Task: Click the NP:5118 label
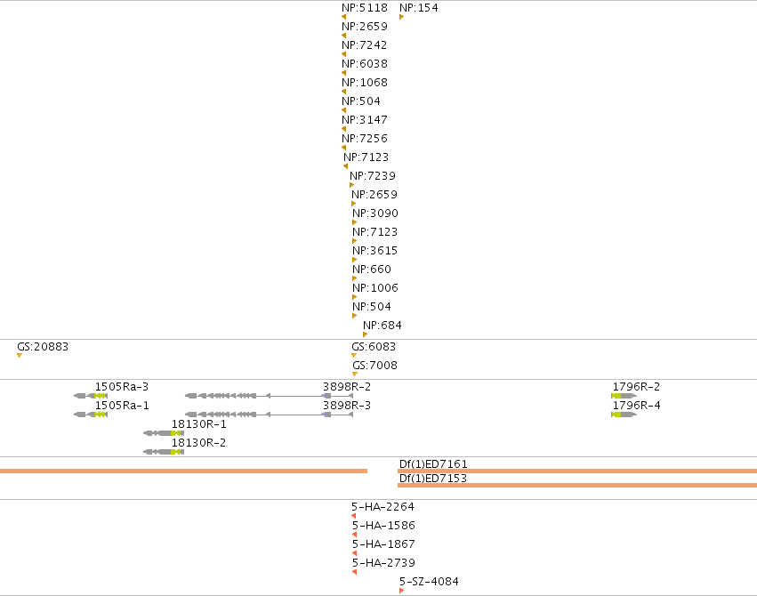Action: pyautogui.click(x=365, y=8)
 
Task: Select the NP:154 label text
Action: pyautogui.click(x=419, y=8)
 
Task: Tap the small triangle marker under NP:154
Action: pyautogui.click(x=402, y=18)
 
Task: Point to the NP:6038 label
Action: pyautogui.click(x=365, y=64)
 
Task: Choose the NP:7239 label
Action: pyautogui.click(x=373, y=175)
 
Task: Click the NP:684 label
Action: pyautogui.click(x=383, y=326)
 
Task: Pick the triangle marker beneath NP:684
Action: pyautogui.click(x=365, y=334)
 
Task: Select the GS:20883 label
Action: pyautogui.click(x=43, y=347)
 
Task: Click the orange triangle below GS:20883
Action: pyautogui.click(x=20, y=356)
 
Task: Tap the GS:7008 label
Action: pyautogui.click(x=374, y=366)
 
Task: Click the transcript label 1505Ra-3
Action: pyautogui.click(x=122, y=387)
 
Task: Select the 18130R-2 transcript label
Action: pyautogui.click(x=198, y=442)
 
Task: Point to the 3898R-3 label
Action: pyautogui.click(x=347, y=406)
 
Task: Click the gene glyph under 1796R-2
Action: pyautogui.click(x=624, y=396)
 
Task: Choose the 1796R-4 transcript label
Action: pyautogui.click(x=636, y=406)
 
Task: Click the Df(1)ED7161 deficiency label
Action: pyautogui.click(x=433, y=463)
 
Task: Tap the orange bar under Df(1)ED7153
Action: pyautogui.click(x=577, y=485)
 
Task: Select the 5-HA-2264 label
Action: pyautogui.click(x=383, y=507)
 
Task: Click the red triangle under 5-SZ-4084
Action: pyautogui.click(x=402, y=591)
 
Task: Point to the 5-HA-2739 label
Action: pyautogui.click(x=383, y=563)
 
